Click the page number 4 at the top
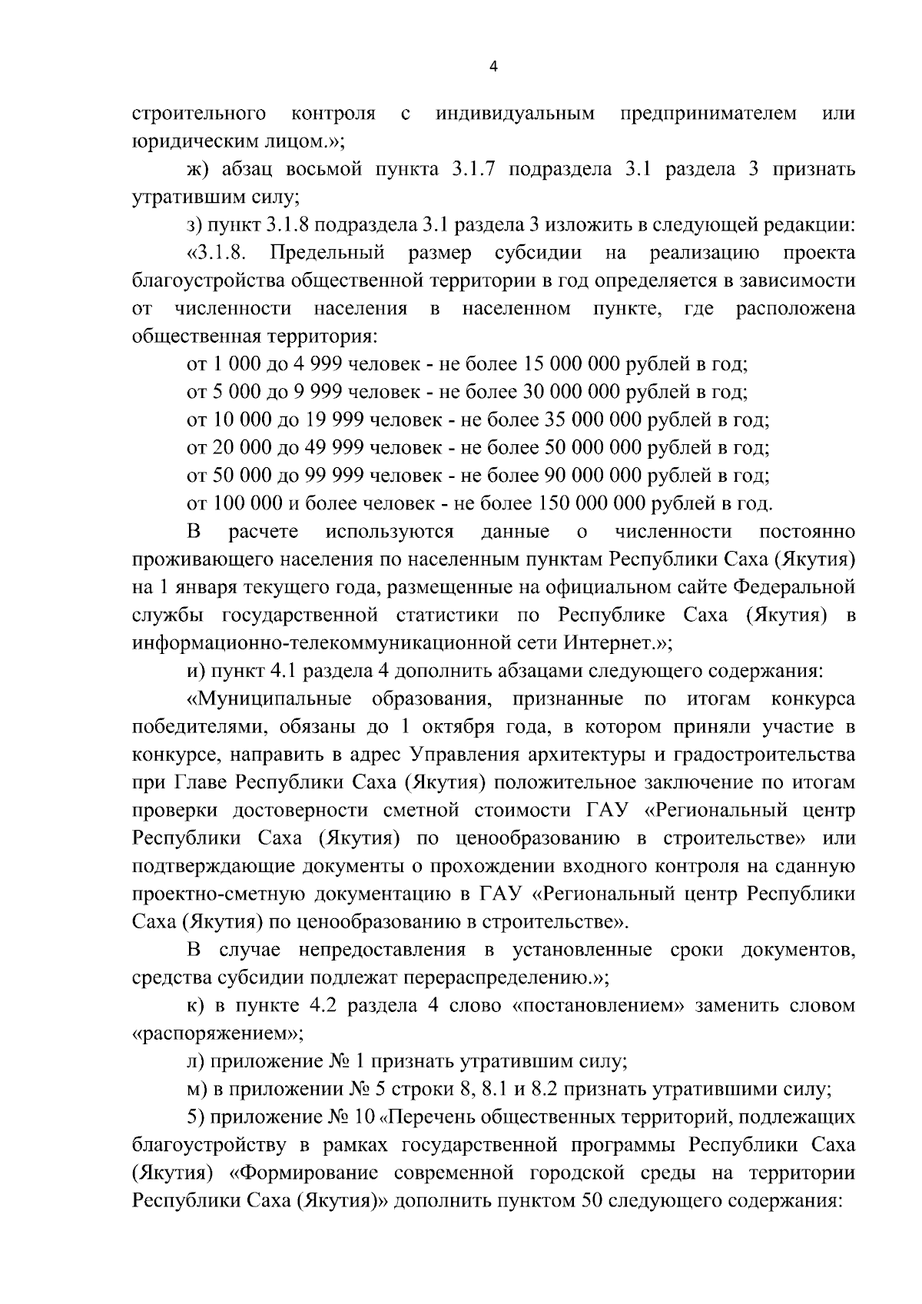coord(493,67)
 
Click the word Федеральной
coord(794,587)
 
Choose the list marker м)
coord(200,1090)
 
